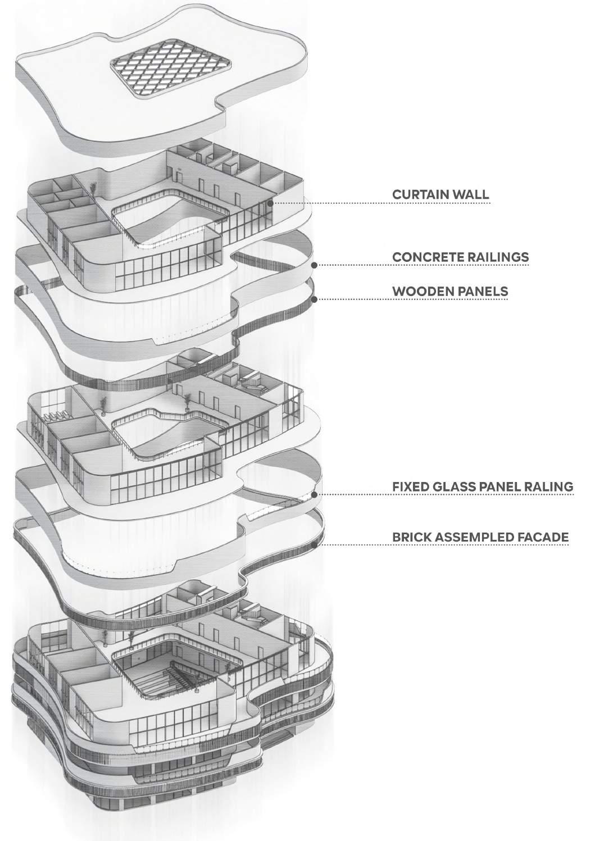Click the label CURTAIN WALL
[440, 195]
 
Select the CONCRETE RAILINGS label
[460, 257]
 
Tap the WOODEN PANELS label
[450, 291]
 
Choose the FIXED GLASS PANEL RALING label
[483, 487]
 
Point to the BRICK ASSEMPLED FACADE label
[480, 538]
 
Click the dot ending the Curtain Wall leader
[270, 203]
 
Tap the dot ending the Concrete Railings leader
[315, 265]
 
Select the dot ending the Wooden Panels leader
[315, 299]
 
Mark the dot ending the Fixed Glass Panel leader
[315, 494]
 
